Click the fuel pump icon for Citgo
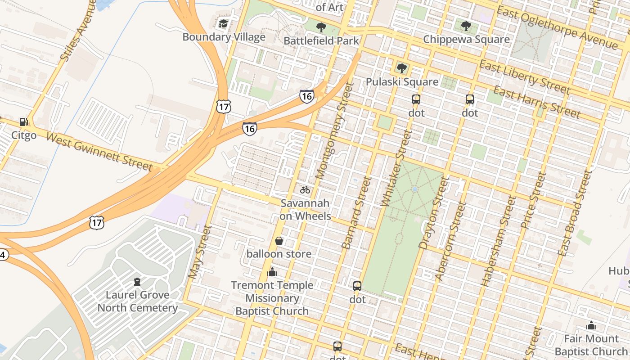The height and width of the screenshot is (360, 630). pos(23,122)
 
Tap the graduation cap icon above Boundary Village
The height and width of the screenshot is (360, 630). pos(224,23)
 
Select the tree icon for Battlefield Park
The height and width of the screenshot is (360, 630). pos(321,27)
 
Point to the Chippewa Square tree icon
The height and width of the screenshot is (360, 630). pos(466,26)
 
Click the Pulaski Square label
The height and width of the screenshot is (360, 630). pos(402,82)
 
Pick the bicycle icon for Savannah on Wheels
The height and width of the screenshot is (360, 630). pos(305,190)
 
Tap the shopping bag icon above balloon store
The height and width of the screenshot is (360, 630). pos(279,241)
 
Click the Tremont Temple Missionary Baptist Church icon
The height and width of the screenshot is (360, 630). pos(272,272)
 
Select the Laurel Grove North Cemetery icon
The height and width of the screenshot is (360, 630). pos(137,282)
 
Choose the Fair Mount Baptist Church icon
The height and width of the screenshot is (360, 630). pos(591,325)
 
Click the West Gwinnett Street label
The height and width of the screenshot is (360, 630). pos(99,152)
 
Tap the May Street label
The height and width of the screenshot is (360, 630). pos(199,252)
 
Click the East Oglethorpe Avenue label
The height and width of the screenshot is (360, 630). pos(557,28)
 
